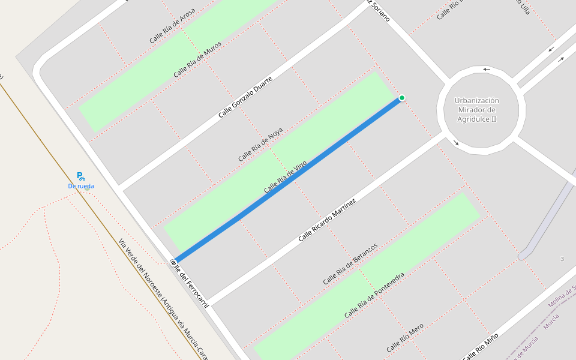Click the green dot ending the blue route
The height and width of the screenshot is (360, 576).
click(401, 98)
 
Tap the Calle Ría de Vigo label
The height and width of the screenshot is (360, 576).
click(286, 177)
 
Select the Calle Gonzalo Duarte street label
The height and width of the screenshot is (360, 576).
click(245, 97)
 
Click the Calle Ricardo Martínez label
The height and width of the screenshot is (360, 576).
click(327, 220)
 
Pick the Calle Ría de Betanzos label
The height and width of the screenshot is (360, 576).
click(350, 264)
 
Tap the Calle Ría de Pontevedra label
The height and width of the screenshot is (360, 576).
click(374, 295)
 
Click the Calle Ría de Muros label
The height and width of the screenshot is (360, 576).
click(197, 59)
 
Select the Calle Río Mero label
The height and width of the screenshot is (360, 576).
click(405, 337)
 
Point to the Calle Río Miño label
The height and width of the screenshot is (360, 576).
click(480, 347)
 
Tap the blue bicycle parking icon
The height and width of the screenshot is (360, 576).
click(80, 176)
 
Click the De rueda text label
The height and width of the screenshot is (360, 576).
click(80, 186)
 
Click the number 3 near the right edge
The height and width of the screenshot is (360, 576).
click(562, 259)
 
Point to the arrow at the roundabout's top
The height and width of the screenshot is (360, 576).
click(487, 69)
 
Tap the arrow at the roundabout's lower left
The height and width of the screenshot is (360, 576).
click(456, 143)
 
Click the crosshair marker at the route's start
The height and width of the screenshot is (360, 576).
click(173, 262)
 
